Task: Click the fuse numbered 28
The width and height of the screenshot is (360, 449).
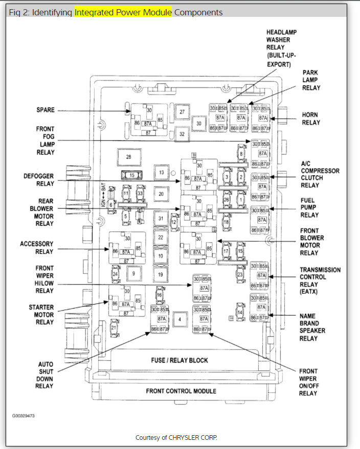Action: [129, 157]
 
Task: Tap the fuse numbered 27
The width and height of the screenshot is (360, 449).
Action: [182, 112]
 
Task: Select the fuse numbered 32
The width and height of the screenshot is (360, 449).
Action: [182, 134]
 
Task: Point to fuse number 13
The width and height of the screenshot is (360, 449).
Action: [161, 173]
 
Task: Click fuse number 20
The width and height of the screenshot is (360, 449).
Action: [161, 194]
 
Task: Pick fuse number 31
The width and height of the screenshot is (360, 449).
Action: [161, 218]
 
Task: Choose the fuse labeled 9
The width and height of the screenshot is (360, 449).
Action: [133, 274]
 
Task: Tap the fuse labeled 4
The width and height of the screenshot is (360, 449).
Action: [179, 320]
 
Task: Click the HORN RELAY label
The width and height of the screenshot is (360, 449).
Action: [310, 119]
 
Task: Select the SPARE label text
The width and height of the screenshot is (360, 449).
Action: [46, 110]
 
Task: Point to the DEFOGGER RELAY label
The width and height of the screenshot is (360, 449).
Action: [39, 180]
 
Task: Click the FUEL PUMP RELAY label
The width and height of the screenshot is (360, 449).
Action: [309, 208]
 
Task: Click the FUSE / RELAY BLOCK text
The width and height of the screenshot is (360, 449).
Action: [179, 360]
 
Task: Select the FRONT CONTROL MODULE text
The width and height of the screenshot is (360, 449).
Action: [181, 391]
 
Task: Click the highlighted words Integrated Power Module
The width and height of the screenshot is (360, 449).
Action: [123, 12]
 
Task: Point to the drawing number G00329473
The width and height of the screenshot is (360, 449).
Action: [24, 416]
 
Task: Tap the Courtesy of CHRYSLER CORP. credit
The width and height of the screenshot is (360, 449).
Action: [176, 438]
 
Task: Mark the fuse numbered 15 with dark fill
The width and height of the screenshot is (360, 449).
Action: [132, 175]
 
